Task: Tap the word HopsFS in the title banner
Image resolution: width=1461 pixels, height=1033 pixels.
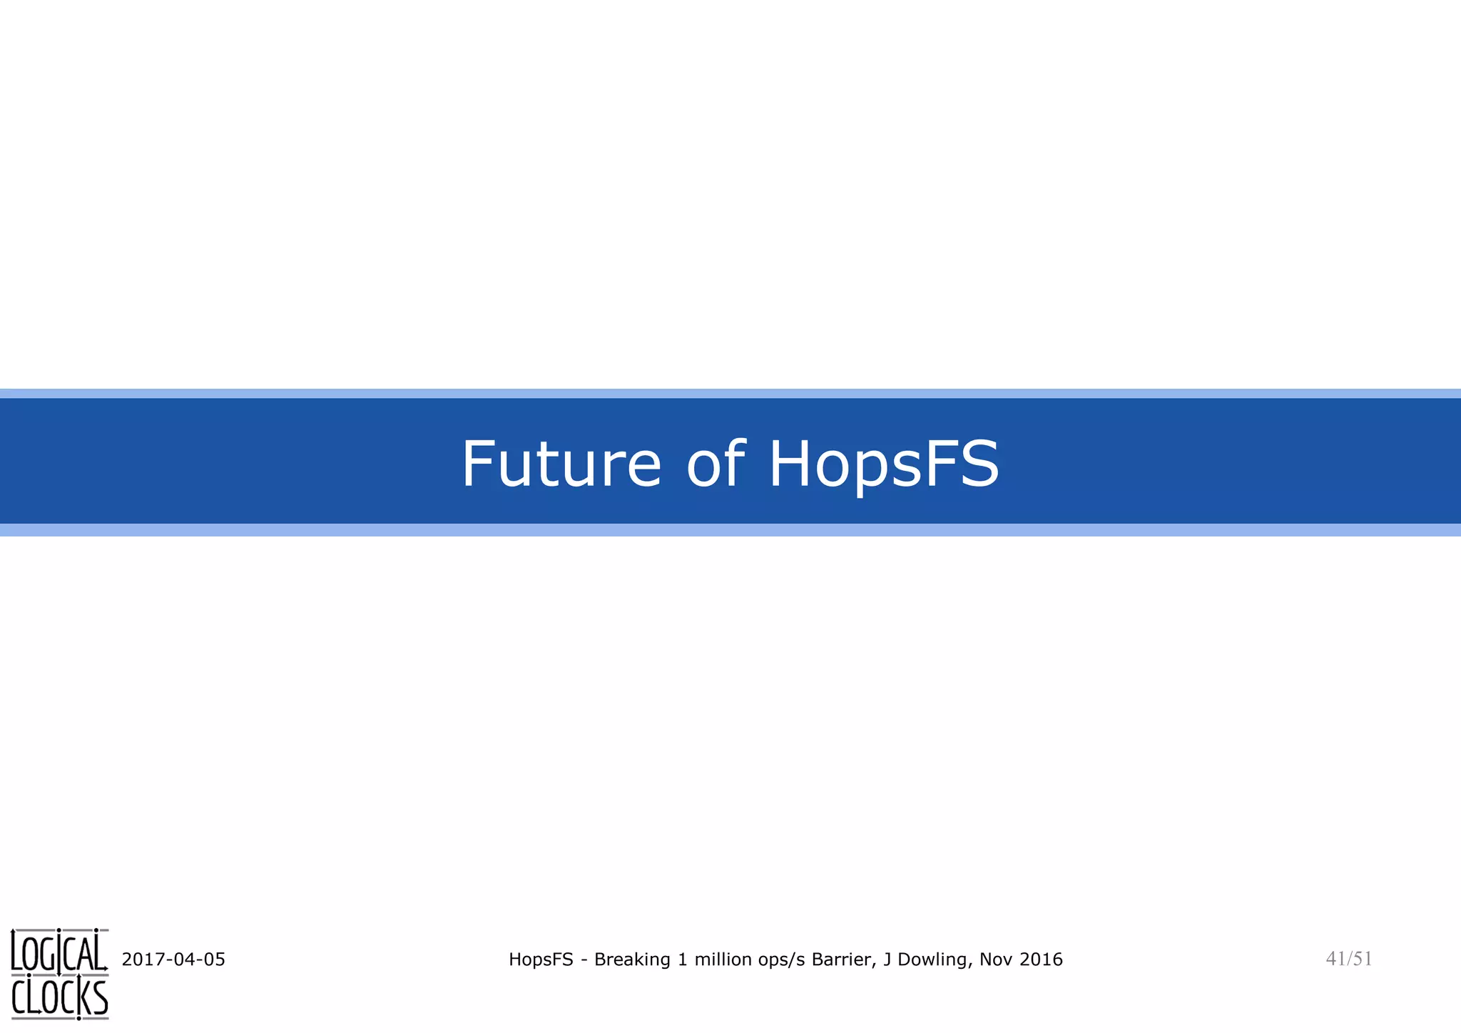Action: click(883, 465)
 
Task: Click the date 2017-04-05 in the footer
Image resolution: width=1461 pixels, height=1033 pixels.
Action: click(173, 960)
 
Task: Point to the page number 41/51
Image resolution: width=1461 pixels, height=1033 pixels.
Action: click(1348, 959)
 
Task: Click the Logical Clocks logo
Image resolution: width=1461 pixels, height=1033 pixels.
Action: click(60, 974)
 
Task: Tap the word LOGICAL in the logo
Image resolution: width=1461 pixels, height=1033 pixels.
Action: click(59, 952)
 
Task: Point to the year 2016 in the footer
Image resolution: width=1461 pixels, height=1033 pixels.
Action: click(1041, 960)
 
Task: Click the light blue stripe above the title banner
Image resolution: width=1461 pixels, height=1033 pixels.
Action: click(730, 393)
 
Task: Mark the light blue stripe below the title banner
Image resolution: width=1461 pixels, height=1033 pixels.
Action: click(730, 530)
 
